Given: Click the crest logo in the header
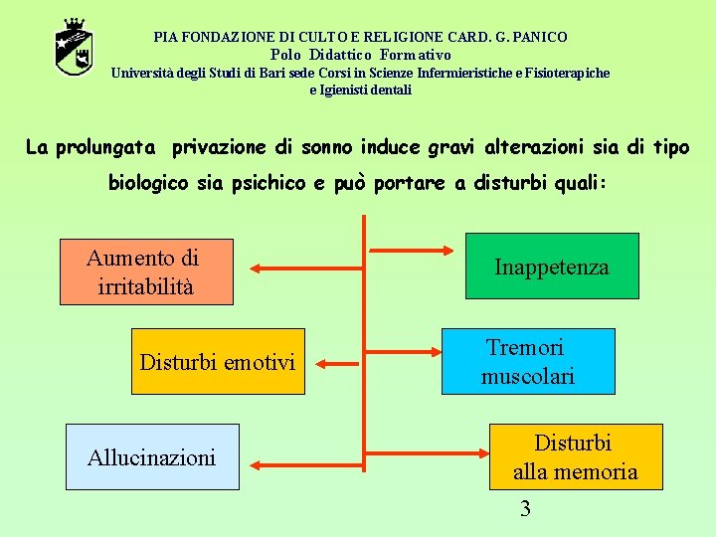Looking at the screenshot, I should tap(74, 47).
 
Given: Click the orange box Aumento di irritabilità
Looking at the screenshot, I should tap(146, 271).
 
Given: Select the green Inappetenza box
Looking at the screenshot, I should tap(552, 267).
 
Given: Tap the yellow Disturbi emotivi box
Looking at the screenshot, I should tap(218, 362).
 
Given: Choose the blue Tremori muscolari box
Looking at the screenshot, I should tap(529, 361).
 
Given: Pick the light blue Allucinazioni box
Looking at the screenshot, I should tap(152, 457).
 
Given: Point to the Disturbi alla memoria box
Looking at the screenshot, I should tap(575, 457).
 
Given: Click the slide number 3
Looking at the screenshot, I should tap(525, 510).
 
